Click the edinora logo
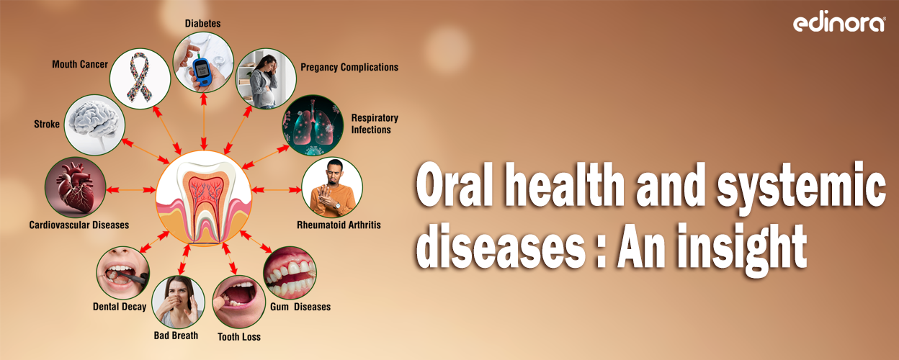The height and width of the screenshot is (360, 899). (x=839, y=23)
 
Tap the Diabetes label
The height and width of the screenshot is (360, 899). (x=202, y=24)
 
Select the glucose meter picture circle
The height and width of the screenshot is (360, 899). (x=203, y=64)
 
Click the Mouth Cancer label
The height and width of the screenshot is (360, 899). (x=80, y=65)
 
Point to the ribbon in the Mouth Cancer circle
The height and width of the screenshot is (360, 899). (x=140, y=78)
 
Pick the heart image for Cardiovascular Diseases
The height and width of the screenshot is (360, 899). (x=74, y=186)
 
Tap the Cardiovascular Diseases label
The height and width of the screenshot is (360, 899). (x=79, y=225)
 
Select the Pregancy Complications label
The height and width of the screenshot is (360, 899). (x=349, y=68)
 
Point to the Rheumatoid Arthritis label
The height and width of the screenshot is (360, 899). (x=339, y=225)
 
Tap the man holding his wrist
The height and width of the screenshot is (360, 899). (x=331, y=189)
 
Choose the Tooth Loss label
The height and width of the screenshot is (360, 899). (x=239, y=337)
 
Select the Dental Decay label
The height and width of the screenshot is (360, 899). (x=120, y=307)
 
